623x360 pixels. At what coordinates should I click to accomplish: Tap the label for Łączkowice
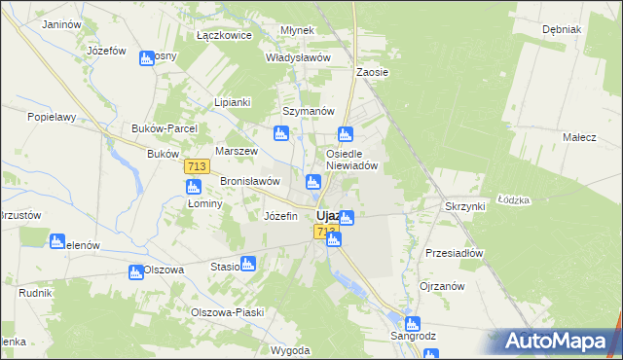point(224,35)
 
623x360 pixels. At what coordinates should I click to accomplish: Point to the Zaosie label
point(373,72)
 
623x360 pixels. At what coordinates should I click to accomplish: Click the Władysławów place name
point(299,57)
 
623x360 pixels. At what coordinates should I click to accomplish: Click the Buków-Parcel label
point(165,128)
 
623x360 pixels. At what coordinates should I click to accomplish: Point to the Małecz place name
point(579,137)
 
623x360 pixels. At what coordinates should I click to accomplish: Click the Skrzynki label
point(464,207)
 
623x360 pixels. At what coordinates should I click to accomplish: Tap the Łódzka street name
point(513,199)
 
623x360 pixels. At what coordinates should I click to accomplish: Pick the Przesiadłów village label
point(455,252)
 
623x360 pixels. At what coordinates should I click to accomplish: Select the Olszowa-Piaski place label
point(228,312)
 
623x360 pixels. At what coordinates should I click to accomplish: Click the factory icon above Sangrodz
point(412,323)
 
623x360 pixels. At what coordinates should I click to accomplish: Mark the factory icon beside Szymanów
point(281,133)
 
